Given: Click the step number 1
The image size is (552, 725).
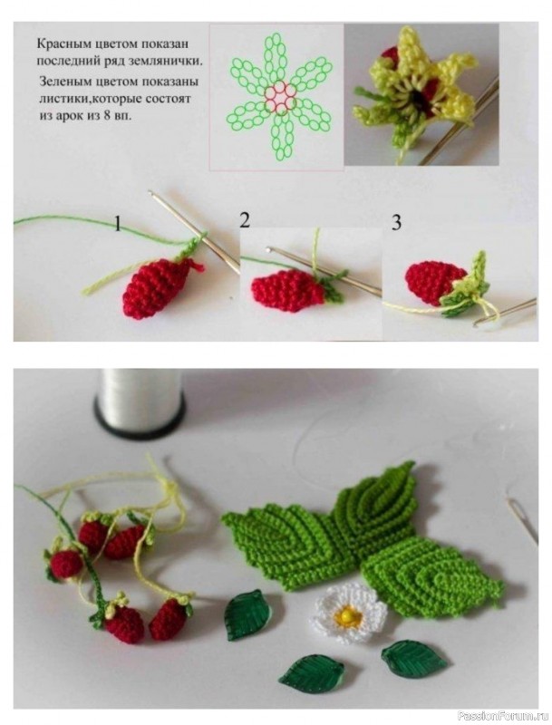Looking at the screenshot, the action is pyautogui.click(x=119, y=224).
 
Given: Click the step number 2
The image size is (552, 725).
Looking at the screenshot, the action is pyautogui.click(x=245, y=220).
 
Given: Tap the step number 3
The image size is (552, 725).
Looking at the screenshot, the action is pyautogui.click(x=396, y=223).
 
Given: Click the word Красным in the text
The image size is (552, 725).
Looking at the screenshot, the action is pyautogui.click(x=56, y=44).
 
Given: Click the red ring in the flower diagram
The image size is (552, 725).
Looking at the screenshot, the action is pyautogui.click(x=280, y=97).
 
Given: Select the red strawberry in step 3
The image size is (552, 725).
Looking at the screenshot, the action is pyautogui.click(x=433, y=282).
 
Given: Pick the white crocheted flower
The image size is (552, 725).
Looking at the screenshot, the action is pyautogui.click(x=351, y=614).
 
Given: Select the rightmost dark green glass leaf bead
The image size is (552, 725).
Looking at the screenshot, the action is pyautogui.click(x=415, y=659).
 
